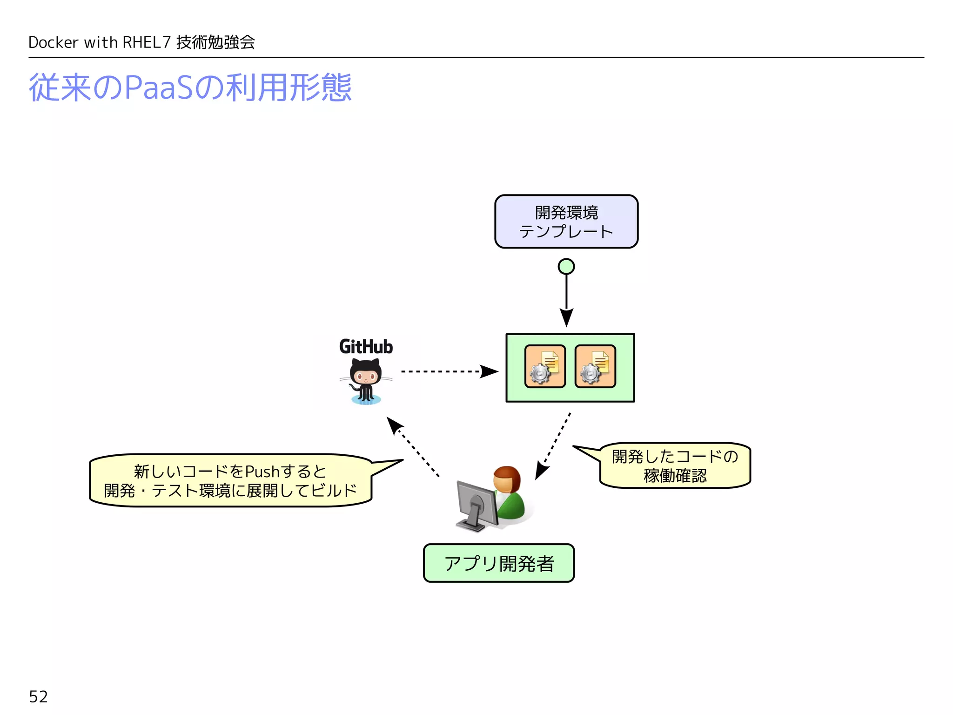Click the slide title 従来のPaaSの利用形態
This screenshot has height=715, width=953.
pyautogui.click(x=190, y=88)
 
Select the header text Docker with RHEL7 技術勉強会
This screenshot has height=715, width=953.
pyautogui.click(x=141, y=42)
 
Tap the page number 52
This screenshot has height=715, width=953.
pyautogui.click(x=38, y=696)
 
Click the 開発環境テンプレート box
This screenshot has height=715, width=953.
pyautogui.click(x=566, y=222)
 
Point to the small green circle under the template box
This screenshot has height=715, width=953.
pyautogui.click(x=566, y=267)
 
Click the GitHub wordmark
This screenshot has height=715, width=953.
pyautogui.click(x=366, y=347)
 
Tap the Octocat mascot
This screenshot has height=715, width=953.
pyautogui.click(x=366, y=381)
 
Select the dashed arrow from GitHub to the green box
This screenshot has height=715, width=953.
pyautogui.click(x=447, y=371)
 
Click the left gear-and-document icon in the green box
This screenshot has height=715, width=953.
pyautogui.click(x=545, y=366)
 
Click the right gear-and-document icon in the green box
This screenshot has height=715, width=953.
pyautogui.click(x=595, y=366)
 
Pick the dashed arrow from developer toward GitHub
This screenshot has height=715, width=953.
pyautogui.click(x=414, y=447)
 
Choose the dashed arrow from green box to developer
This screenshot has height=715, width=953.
pyautogui.click(x=554, y=445)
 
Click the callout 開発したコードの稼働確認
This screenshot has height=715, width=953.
pyautogui.click(x=675, y=465)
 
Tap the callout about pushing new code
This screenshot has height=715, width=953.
pyautogui.click(x=230, y=480)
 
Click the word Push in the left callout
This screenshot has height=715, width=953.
pyautogui.click(x=262, y=472)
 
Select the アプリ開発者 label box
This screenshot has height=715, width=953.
pyautogui.click(x=498, y=563)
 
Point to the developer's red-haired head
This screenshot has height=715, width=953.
pyautogui.click(x=507, y=479)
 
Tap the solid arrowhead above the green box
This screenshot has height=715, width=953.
pyautogui.click(x=566, y=317)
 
